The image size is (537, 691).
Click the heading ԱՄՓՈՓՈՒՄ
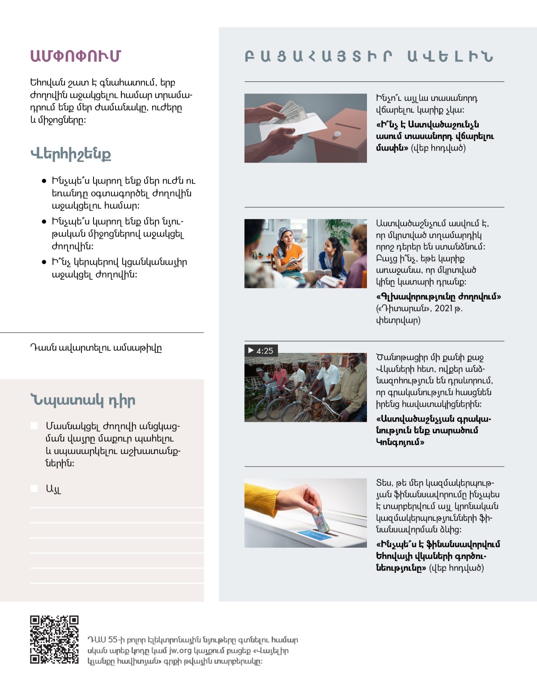tap(76, 56)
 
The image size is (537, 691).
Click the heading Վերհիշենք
tap(71, 154)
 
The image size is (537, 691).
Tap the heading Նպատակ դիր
tap(83, 400)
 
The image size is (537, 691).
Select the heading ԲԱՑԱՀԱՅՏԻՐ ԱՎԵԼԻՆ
tap(369, 56)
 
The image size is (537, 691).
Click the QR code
tap(54, 639)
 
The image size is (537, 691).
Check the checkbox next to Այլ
tap(34, 488)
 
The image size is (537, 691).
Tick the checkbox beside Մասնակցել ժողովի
tap(34, 425)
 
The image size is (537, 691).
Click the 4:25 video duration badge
tap(261, 351)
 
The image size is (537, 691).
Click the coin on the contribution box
tap(337, 134)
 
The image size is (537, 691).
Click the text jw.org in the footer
tap(180, 651)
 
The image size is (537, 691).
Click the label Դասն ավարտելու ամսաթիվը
tap(96, 348)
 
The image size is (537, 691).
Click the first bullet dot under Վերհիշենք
tap(44, 181)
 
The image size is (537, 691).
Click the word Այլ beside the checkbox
tap(53, 489)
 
